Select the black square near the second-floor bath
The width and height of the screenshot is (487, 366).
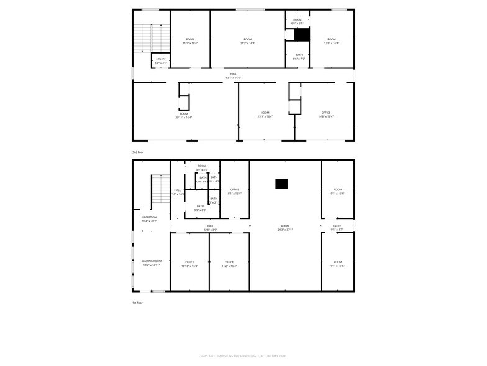(302, 35)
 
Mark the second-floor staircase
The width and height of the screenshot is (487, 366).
(152, 39)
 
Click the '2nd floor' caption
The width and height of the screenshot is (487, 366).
(137, 152)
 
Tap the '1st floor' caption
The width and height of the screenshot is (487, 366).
(137, 303)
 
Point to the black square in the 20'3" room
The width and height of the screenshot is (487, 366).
(281, 184)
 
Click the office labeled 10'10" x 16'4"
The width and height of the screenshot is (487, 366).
(189, 264)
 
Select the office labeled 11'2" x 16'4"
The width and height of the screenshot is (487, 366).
(229, 264)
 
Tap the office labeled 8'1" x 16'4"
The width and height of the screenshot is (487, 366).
(234, 191)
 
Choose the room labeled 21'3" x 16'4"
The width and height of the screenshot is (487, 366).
(248, 41)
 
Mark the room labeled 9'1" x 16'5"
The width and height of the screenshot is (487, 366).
(337, 264)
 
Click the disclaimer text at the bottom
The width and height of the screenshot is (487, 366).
(243, 356)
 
